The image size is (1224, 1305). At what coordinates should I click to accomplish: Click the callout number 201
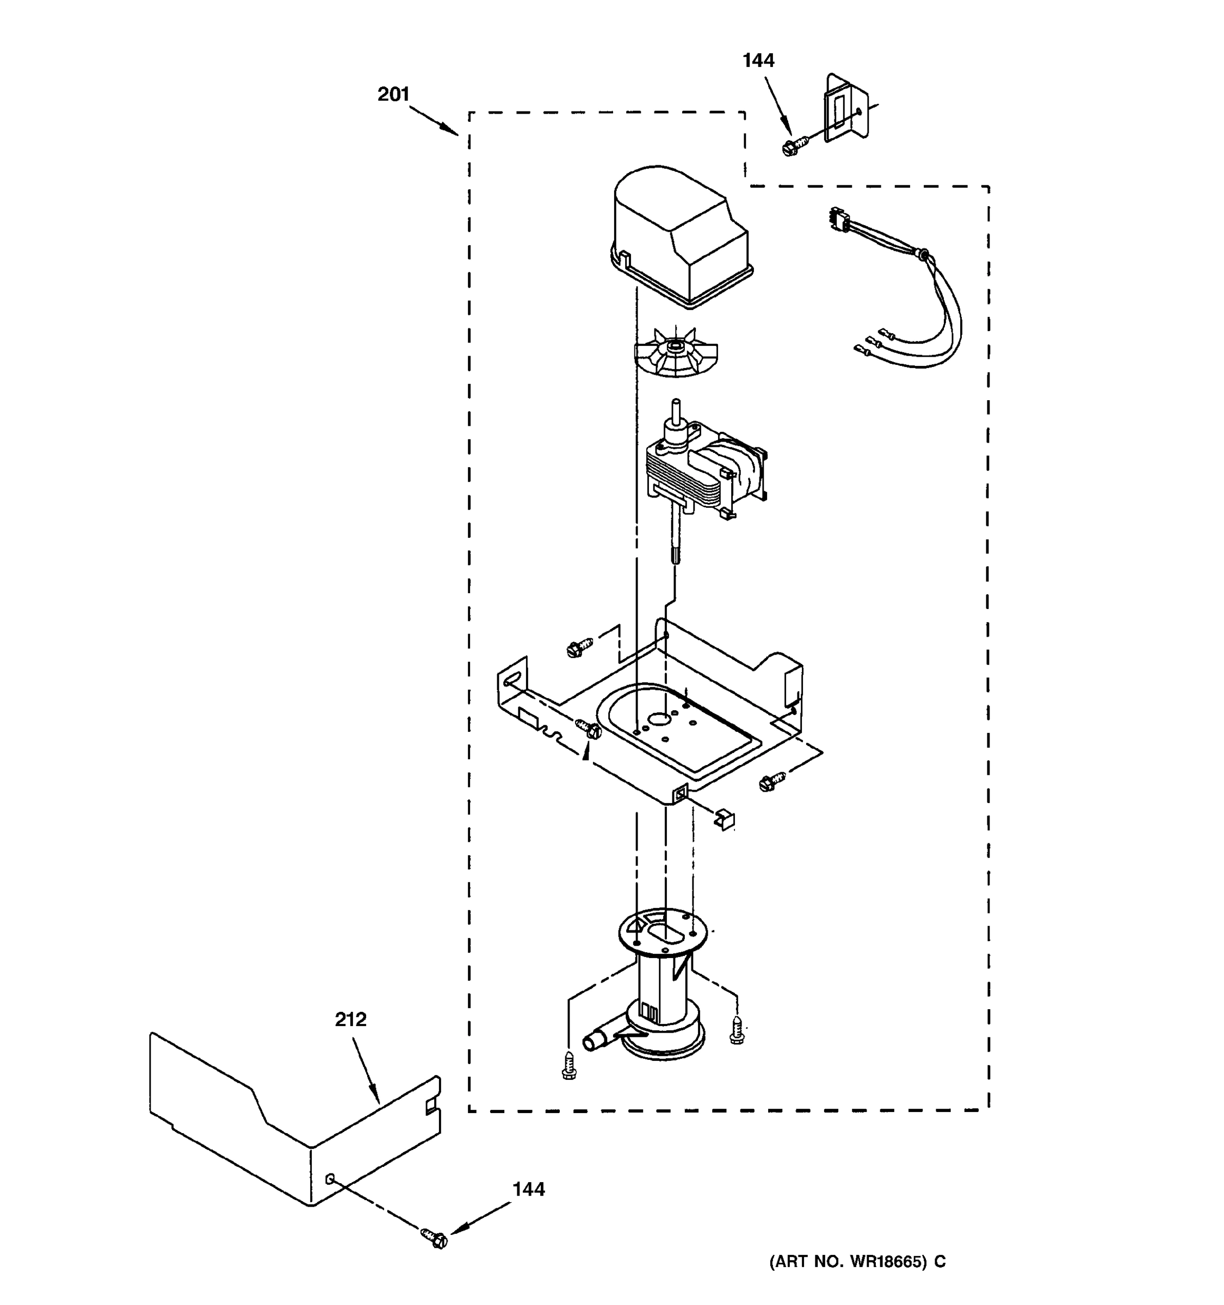pos(393,95)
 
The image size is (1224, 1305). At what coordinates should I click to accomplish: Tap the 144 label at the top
pos(758,60)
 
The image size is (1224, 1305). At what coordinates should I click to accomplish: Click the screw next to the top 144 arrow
pos(794,145)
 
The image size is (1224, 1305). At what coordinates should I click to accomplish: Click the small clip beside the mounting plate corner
pos(726,819)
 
